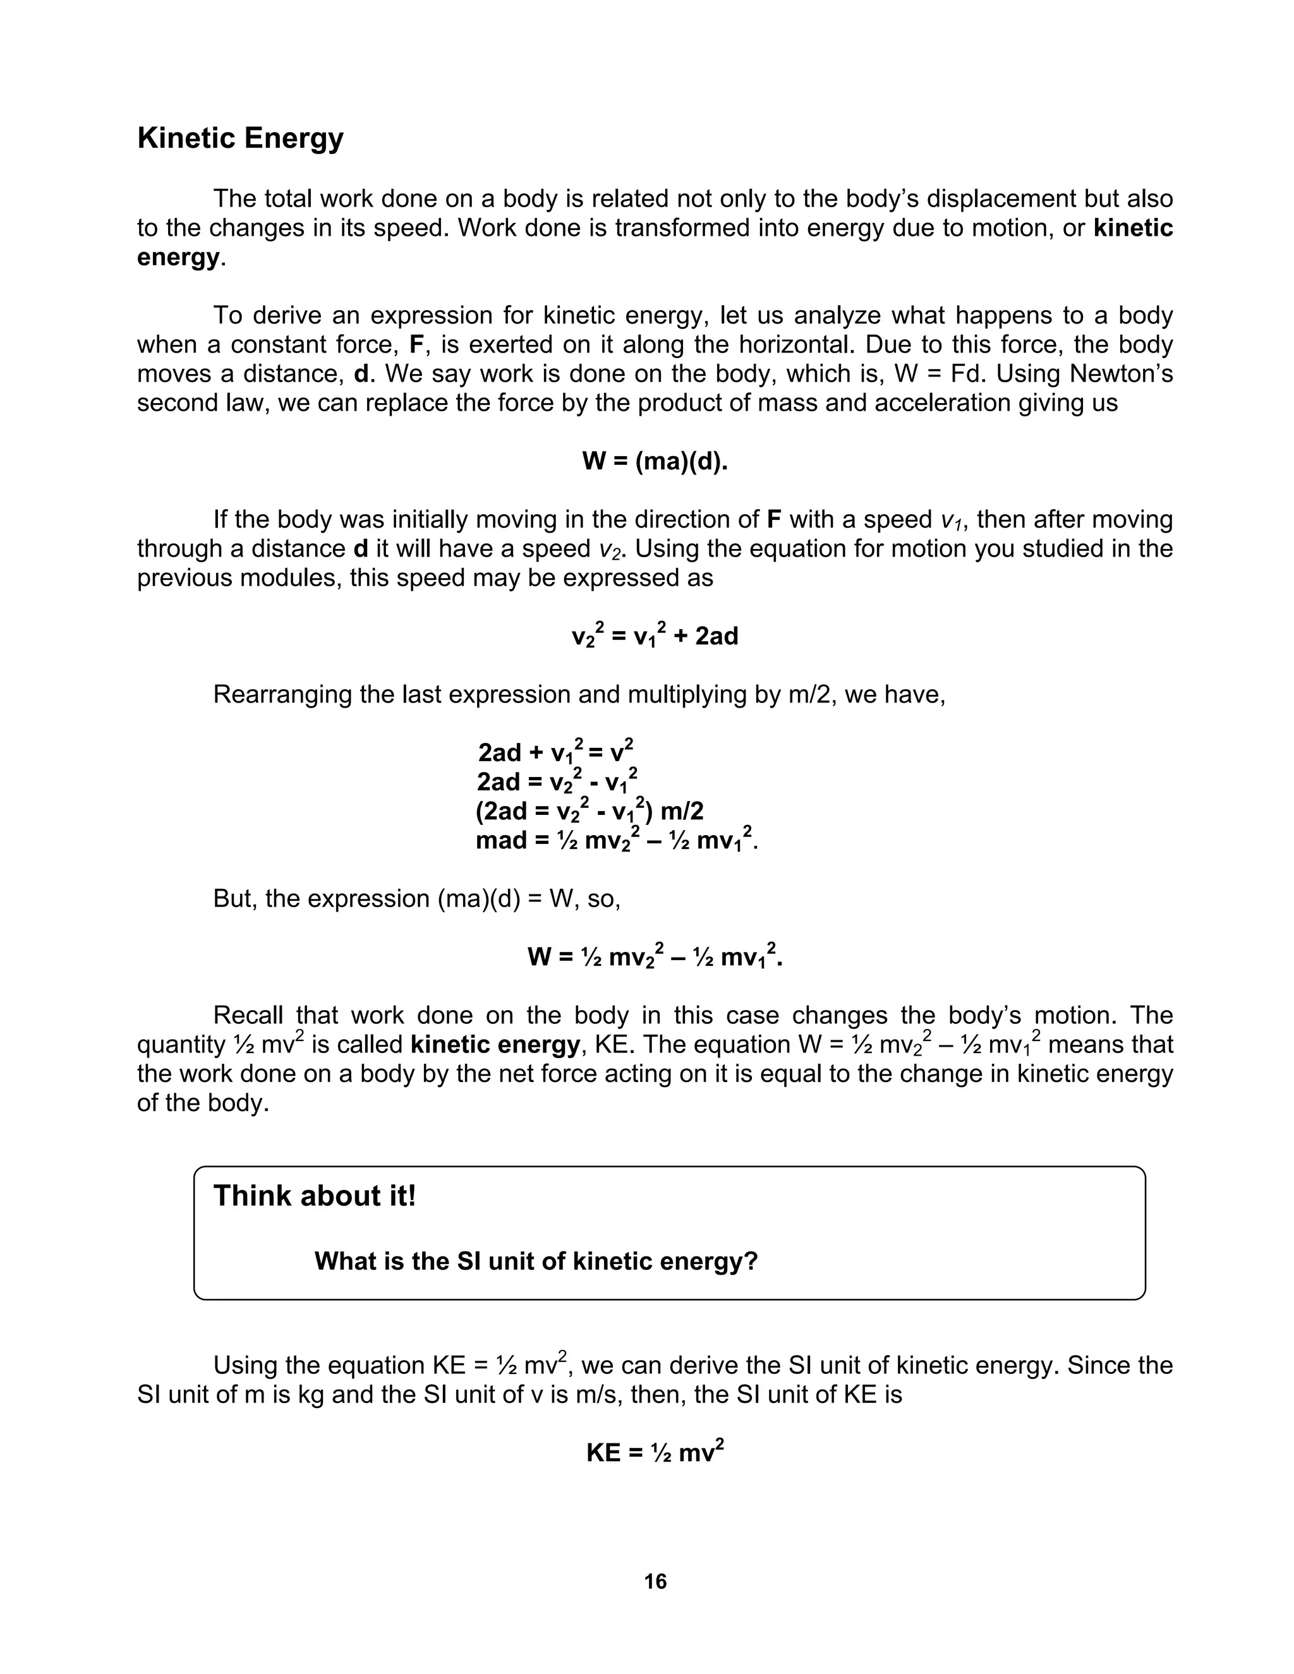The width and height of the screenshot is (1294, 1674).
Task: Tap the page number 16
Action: pos(655,1581)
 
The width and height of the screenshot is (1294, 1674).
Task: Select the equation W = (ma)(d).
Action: pos(655,461)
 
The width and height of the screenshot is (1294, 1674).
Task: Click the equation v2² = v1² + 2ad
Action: pos(655,635)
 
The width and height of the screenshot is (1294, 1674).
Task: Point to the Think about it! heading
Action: pos(314,1196)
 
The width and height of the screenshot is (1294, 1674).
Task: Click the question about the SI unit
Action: pos(536,1261)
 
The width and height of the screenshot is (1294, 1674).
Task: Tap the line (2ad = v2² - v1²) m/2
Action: pos(589,811)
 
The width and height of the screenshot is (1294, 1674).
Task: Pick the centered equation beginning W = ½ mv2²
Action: pos(655,956)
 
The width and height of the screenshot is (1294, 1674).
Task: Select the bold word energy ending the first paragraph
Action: pos(178,256)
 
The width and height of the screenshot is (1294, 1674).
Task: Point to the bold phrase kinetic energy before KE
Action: pos(495,1045)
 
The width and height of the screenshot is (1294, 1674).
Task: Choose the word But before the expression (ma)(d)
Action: pos(234,898)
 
